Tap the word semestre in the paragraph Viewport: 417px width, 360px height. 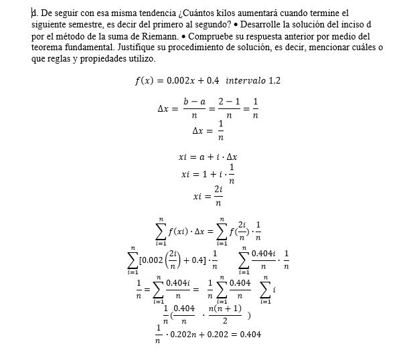pos(84,24)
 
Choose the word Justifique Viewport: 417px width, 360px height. pos(137,48)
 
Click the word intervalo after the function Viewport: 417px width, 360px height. pos(246,80)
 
